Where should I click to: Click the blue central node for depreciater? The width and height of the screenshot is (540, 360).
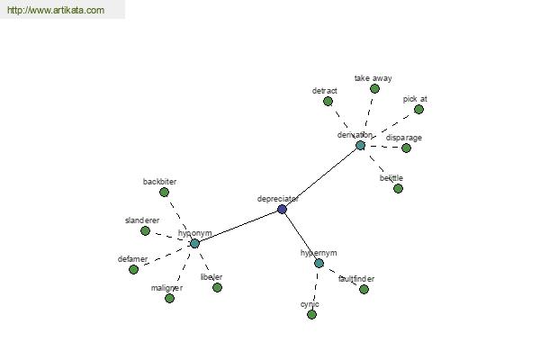(282, 209)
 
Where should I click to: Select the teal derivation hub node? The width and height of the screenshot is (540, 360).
(360, 145)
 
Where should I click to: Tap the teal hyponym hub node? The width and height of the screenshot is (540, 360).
(194, 243)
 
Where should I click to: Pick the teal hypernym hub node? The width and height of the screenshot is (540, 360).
(319, 263)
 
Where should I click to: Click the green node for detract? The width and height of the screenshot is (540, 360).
(328, 101)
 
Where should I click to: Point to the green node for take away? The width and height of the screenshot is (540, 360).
(374, 88)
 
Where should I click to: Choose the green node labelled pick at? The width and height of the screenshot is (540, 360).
(418, 109)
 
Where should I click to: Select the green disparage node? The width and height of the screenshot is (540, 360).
(406, 148)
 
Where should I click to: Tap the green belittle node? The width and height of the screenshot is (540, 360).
(398, 188)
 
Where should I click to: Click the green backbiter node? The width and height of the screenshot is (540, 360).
(164, 192)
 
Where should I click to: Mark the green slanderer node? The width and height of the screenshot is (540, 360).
(145, 230)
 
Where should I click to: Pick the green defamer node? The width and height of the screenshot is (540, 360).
(133, 269)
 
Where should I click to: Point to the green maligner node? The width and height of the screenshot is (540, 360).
(169, 298)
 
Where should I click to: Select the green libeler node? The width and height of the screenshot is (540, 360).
(217, 287)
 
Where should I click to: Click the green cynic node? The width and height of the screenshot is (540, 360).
(311, 314)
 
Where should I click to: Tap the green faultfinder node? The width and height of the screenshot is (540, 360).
(364, 289)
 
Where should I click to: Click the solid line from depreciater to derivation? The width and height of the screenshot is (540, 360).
(320, 177)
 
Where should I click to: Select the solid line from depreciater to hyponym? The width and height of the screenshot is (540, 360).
(238, 226)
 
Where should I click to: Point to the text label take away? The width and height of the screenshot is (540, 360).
(373, 78)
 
